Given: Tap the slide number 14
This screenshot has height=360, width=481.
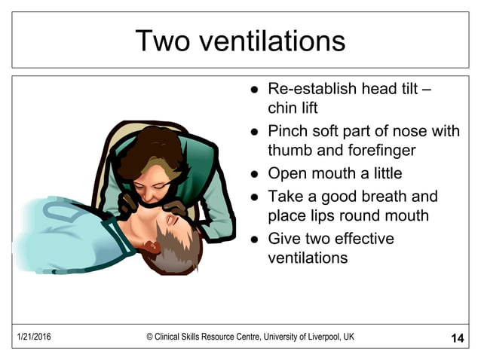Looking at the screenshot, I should [457, 338].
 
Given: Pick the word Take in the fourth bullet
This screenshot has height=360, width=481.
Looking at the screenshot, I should [285, 197].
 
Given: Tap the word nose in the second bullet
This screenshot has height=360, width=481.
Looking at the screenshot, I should [403, 131].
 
